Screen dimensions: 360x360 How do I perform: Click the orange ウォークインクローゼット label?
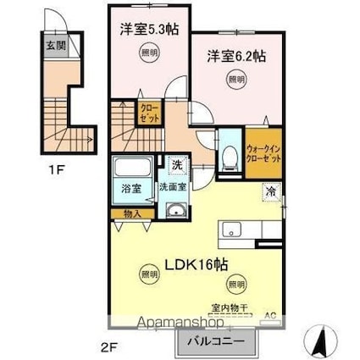click(263, 151)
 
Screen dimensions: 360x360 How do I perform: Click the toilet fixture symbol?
click(228, 154)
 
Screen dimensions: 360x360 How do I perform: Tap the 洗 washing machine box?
click(177, 163)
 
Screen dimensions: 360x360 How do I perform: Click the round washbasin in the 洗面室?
click(176, 212)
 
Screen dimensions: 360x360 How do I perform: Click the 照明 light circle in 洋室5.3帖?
click(148, 53)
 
